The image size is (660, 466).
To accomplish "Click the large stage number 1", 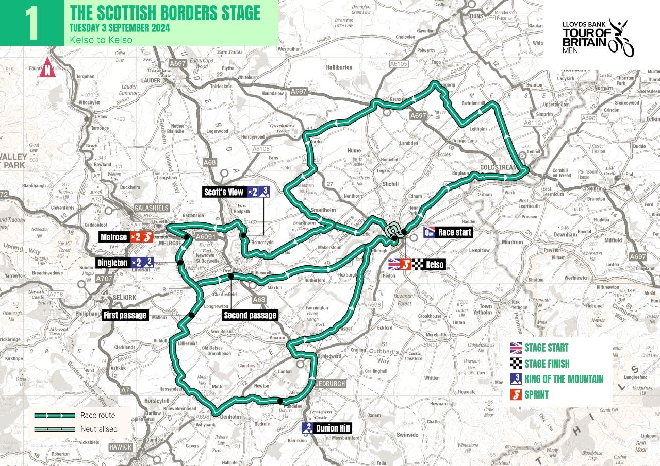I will [x=31, y=23].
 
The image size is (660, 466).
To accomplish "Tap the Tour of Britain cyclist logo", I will [x=621, y=38].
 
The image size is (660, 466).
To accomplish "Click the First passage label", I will [x=125, y=315].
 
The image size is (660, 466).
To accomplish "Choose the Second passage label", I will [x=250, y=315].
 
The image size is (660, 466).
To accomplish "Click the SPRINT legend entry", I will [x=536, y=395].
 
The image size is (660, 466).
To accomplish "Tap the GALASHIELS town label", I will [x=152, y=208].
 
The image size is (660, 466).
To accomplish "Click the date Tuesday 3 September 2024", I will [x=120, y=27].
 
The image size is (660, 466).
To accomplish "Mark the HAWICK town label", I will [x=120, y=447].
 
